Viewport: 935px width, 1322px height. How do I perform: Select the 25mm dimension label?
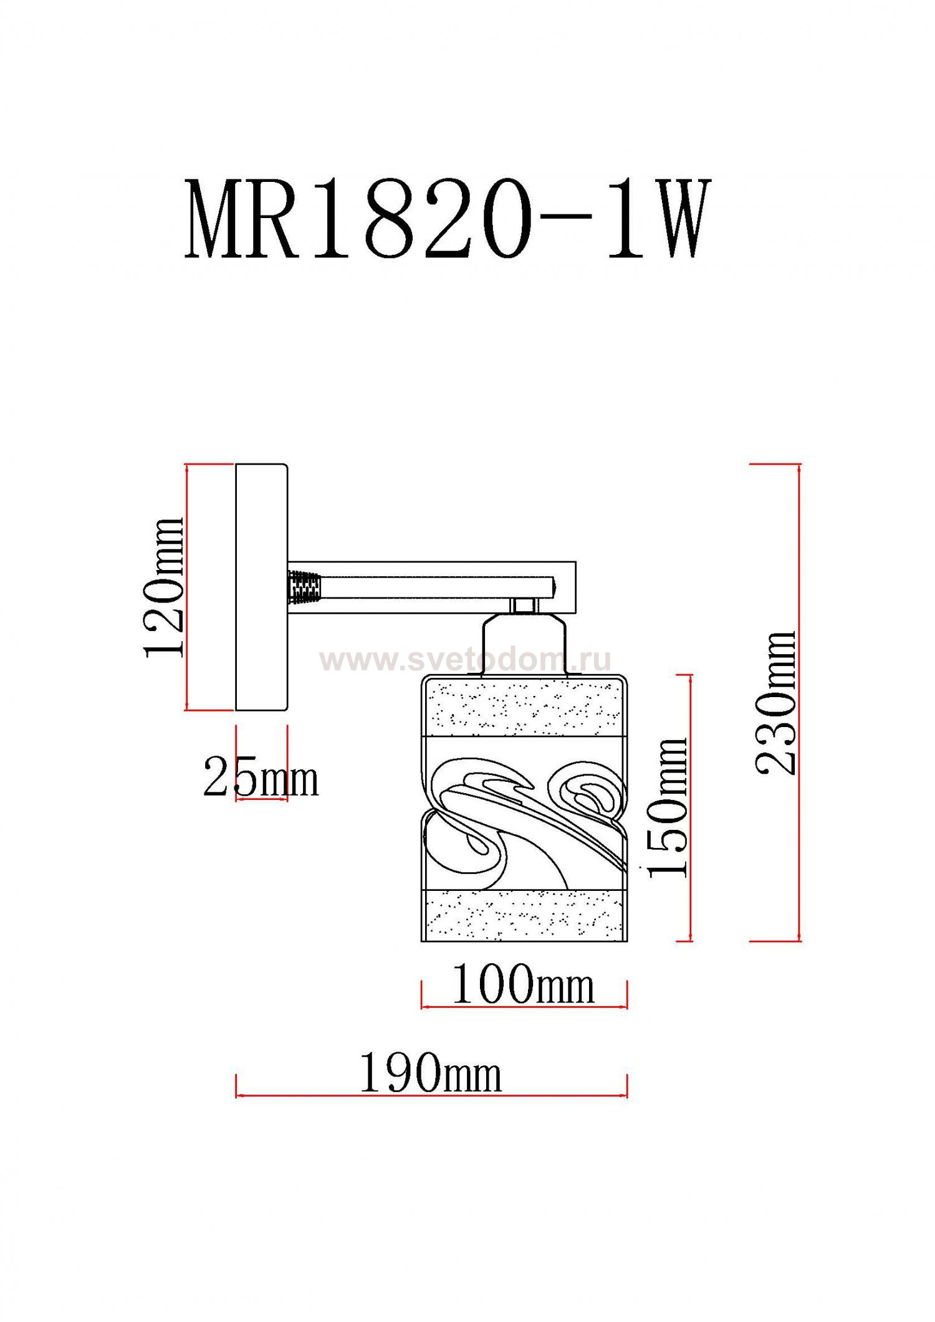[261, 779]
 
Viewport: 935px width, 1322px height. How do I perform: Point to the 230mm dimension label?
[776, 703]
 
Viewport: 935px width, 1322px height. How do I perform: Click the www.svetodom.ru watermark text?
[465, 660]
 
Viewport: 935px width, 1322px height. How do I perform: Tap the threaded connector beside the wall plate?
[304, 587]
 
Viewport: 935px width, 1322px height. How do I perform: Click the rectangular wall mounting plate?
[261, 587]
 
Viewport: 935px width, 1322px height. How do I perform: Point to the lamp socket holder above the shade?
[524, 645]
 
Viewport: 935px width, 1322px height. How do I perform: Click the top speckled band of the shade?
[524, 708]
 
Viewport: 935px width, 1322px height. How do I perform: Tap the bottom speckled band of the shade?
[524, 914]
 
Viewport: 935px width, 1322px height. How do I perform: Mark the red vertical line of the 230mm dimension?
[799, 703]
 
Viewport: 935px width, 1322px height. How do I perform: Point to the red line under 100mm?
[524, 1006]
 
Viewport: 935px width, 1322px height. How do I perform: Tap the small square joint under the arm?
[524, 604]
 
